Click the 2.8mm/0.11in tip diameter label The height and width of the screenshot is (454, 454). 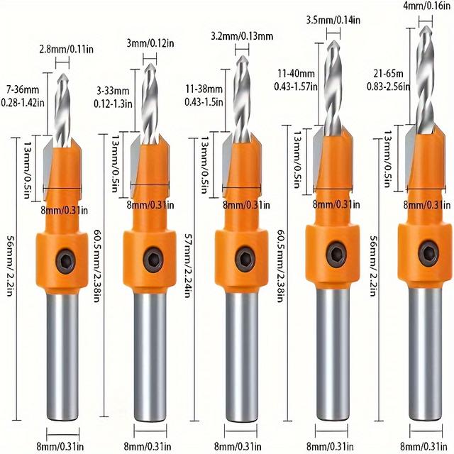click(66, 49)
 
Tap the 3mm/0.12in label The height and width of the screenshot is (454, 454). click(150, 43)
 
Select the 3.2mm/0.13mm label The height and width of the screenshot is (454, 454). click(242, 36)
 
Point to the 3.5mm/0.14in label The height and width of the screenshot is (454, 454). click(333, 20)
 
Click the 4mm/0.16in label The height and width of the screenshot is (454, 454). click(427, 6)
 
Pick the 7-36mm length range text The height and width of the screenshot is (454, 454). click(23, 89)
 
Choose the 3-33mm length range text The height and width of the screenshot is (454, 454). click(113, 91)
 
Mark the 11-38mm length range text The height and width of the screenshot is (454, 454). click(204, 89)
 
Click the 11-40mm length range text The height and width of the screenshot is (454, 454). click(297, 73)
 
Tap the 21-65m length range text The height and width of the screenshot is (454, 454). click(388, 74)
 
